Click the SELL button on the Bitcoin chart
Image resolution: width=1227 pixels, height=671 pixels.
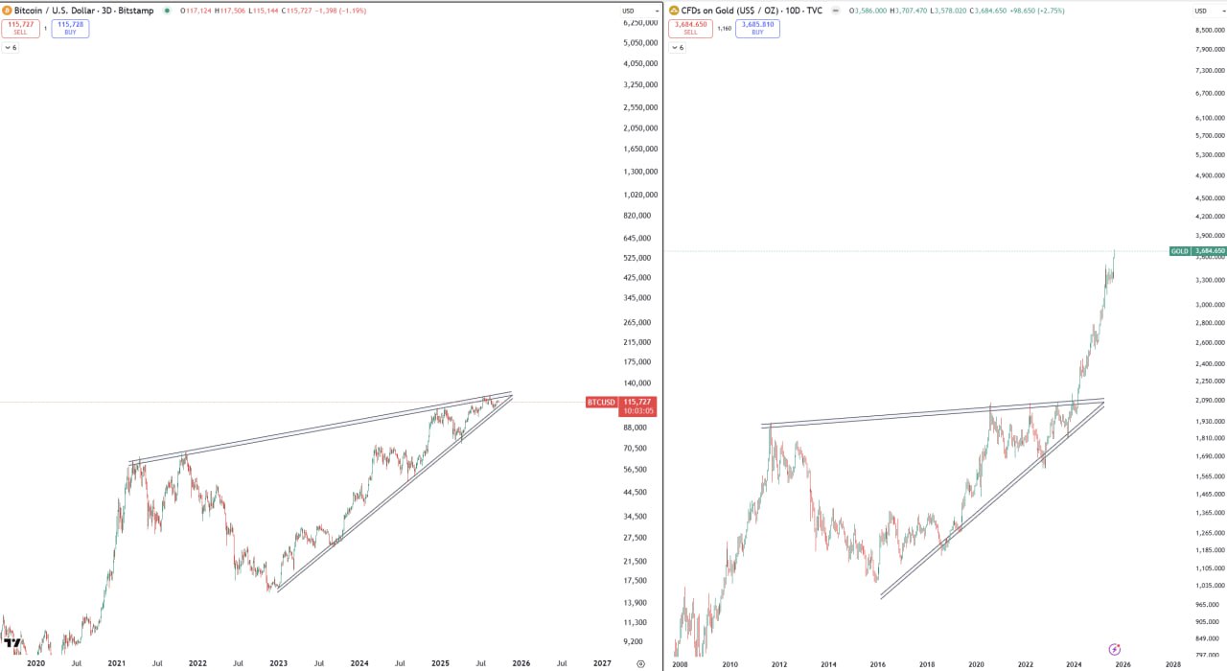pos(20,28)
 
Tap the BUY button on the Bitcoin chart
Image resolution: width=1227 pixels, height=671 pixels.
pos(70,28)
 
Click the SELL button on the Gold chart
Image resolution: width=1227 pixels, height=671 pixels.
pos(690,28)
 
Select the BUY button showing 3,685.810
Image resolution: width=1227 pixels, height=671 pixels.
pos(757,28)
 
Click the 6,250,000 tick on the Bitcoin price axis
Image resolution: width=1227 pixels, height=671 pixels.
pos(639,22)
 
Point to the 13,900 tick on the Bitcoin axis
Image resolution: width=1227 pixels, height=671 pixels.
pos(635,603)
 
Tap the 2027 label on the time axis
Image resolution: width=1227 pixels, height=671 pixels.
pos(602,663)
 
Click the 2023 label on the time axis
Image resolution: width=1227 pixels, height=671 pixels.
pos(278,663)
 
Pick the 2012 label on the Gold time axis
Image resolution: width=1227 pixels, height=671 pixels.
pos(779,663)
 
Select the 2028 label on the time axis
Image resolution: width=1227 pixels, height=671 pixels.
pos(1172,663)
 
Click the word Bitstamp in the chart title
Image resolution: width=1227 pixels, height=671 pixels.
pos(137,11)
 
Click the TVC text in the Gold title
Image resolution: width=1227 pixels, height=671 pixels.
pos(813,11)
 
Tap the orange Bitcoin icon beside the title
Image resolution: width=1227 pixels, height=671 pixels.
pos(7,11)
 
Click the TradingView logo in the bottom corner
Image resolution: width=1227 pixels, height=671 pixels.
pos(12,643)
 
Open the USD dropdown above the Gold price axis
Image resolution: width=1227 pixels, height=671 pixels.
pos(1202,11)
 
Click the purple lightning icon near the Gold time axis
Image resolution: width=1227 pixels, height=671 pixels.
pos(1115,649)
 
